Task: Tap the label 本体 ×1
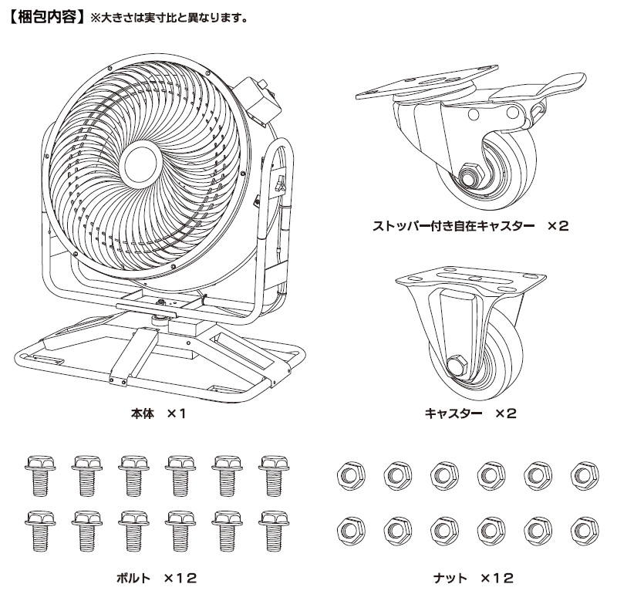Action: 159,413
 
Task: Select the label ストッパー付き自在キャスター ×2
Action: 470,226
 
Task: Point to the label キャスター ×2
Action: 470,413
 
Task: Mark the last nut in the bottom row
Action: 582,528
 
